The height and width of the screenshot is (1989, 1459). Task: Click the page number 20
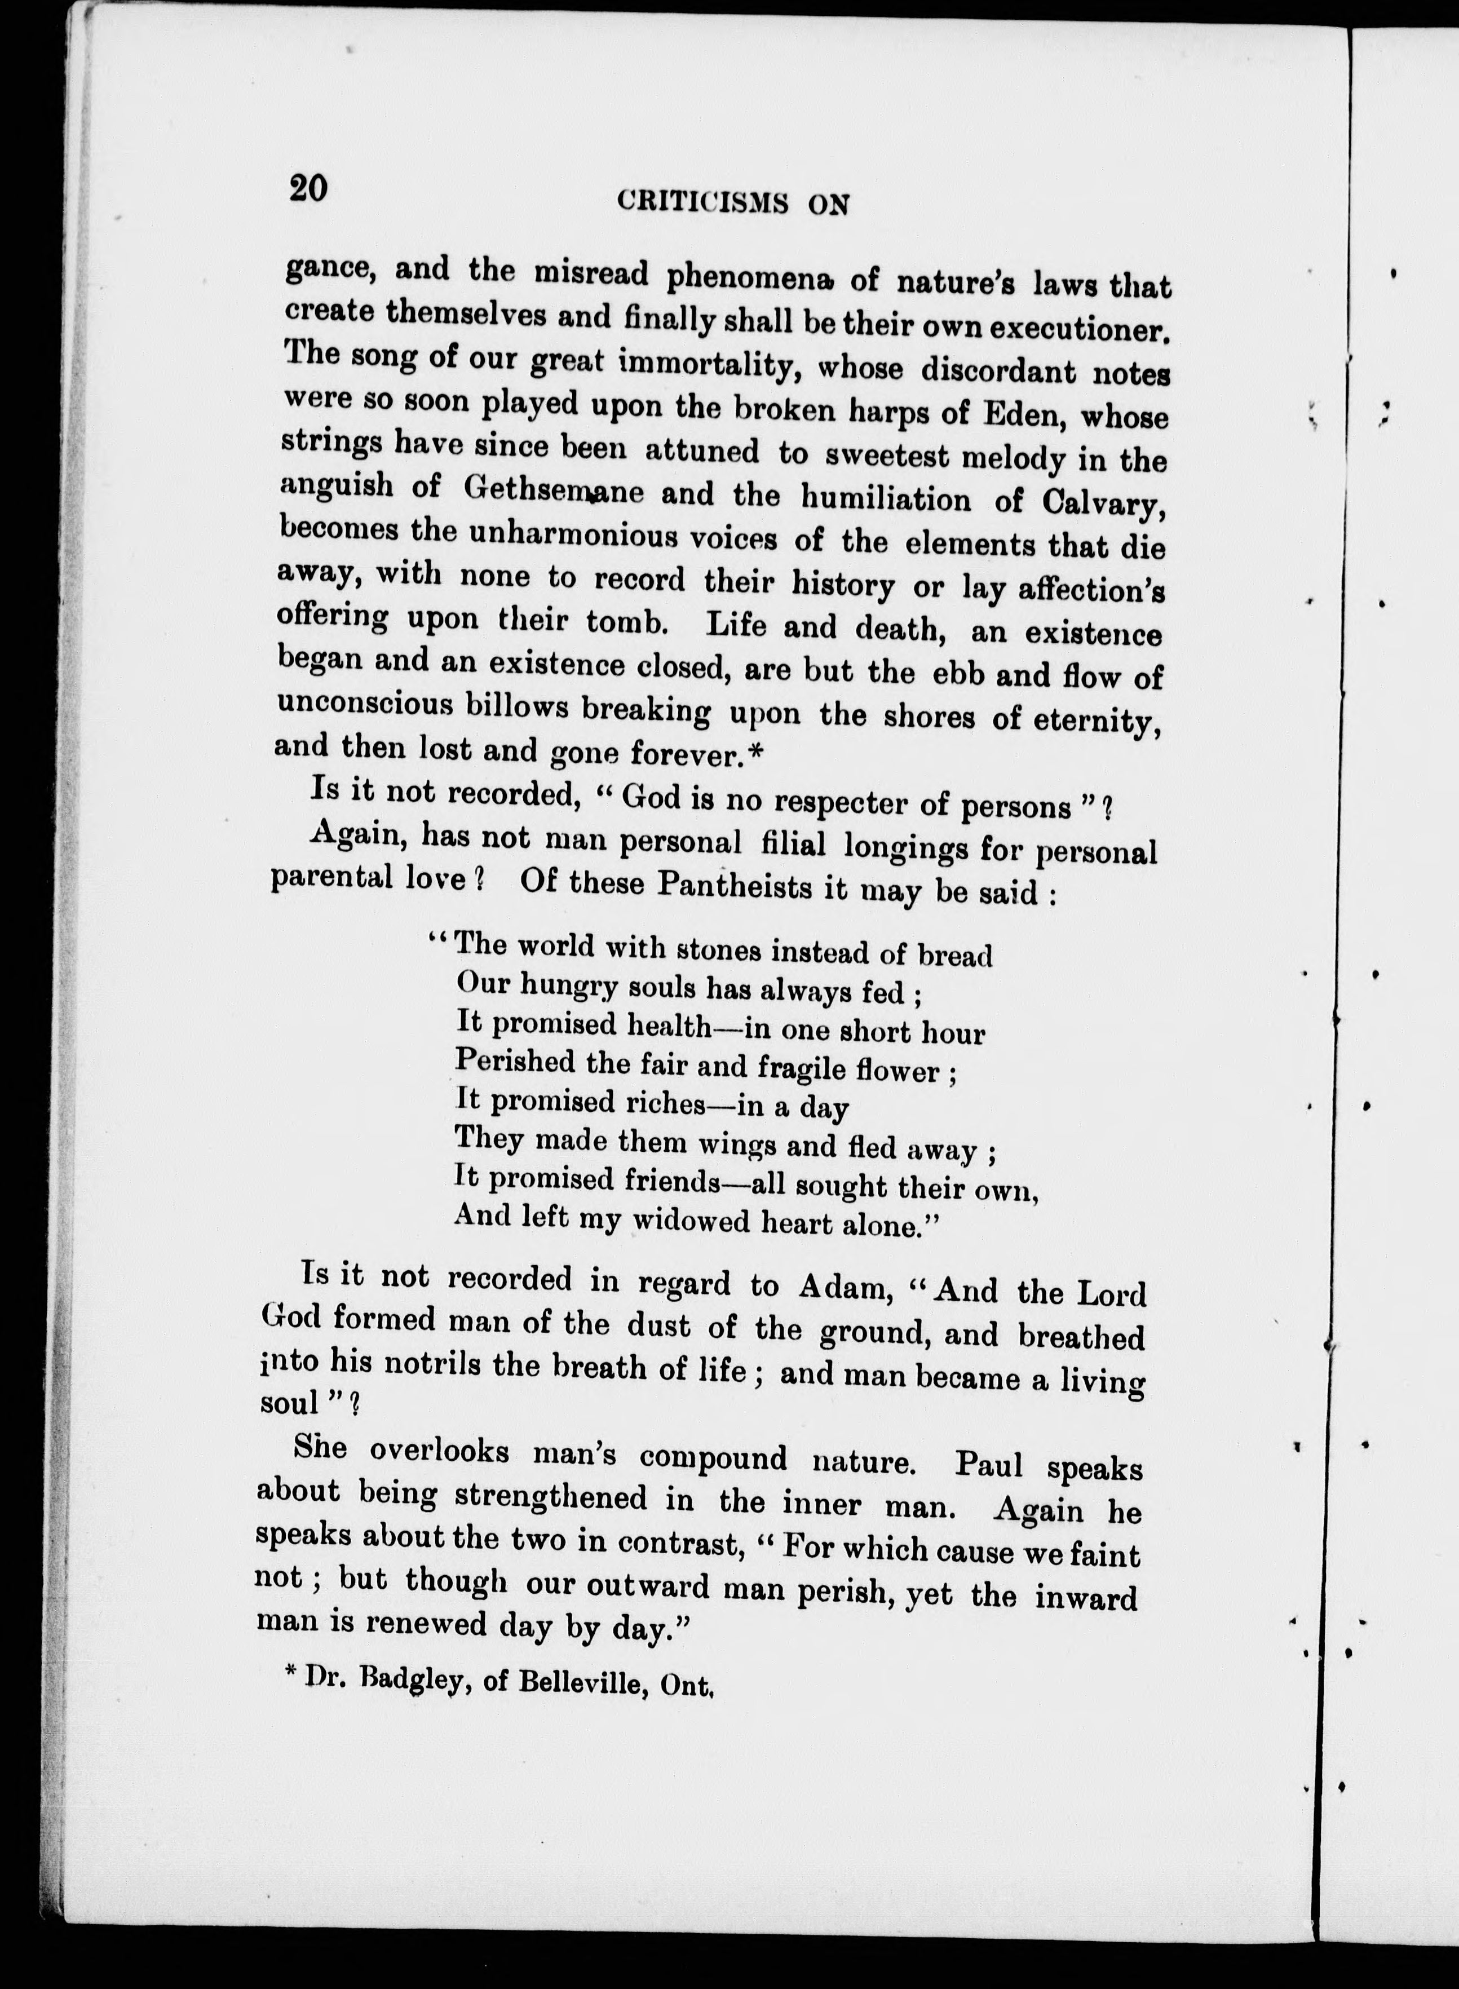(x=307, y=189)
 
